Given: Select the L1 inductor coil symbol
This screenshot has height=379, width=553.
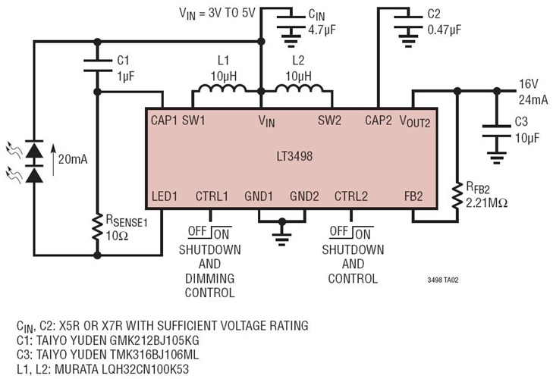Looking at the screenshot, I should point(218,90).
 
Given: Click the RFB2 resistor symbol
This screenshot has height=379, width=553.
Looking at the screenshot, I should point(457,195).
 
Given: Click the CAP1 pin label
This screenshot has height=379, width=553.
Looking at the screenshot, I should point(164,120).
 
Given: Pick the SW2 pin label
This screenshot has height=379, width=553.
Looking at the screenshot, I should point(330,120).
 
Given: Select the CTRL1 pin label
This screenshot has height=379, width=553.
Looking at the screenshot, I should point(212,196).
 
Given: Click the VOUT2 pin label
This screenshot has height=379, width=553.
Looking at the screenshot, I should point(413,121).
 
